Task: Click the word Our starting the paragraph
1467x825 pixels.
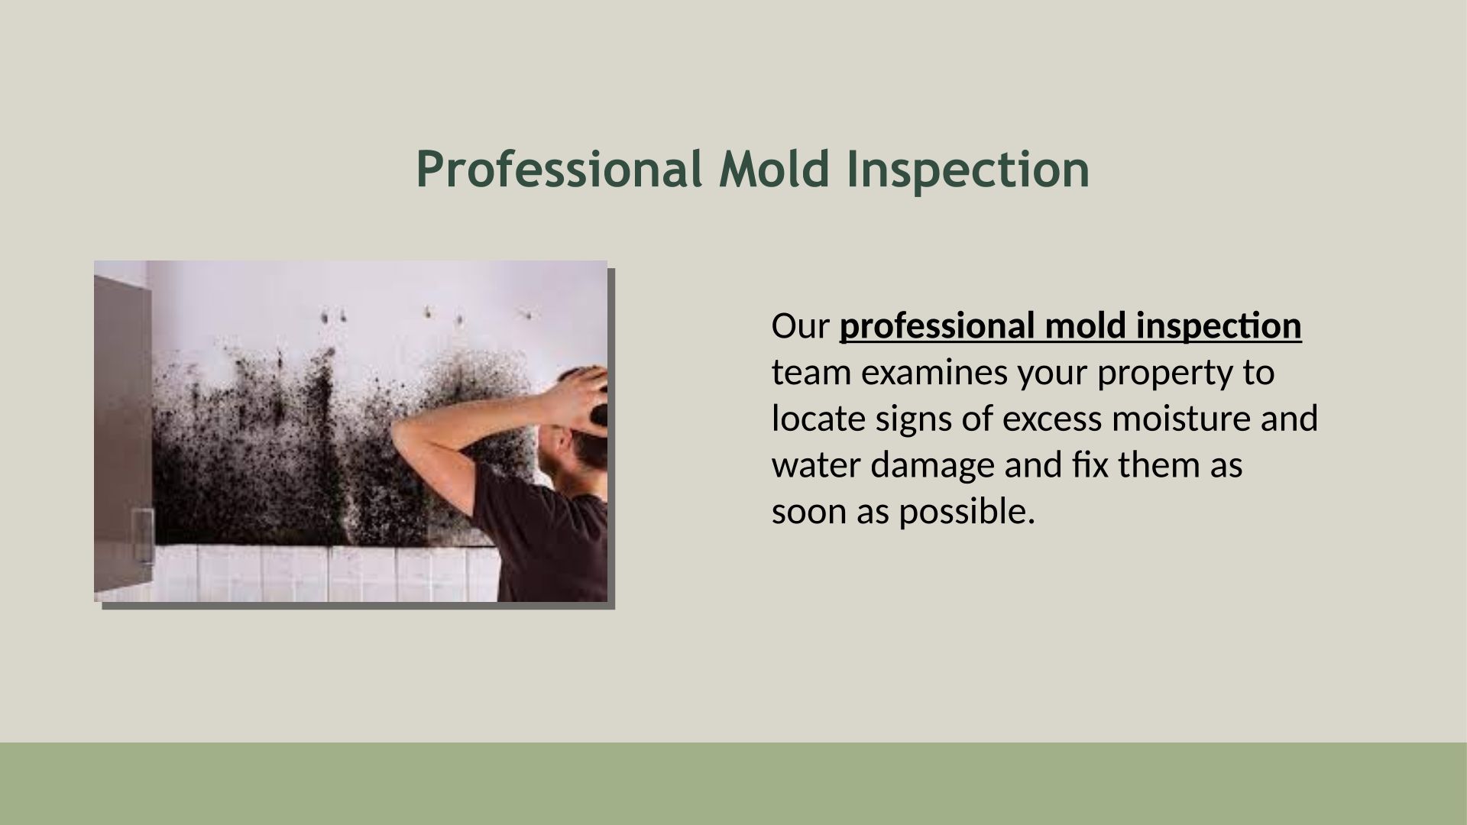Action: coord(800,326)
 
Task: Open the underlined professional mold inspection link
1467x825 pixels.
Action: coord(1070,328)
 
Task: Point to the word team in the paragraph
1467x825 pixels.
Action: coord(806,374)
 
